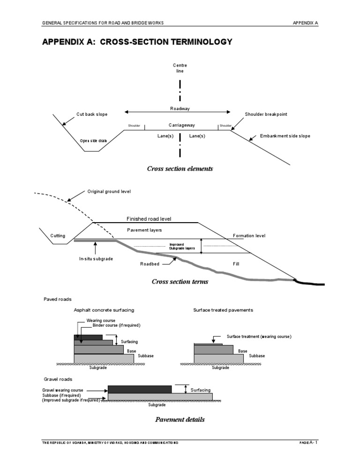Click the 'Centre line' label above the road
(180, 68)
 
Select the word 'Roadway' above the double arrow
(180, 108)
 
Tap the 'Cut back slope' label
(92, 114)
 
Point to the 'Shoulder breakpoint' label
(266, 114)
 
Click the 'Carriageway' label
(182, 125)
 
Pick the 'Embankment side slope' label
(285, 136)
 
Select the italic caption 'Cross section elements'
(180, 169)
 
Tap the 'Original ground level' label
(109, 191)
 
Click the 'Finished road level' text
(149, 219)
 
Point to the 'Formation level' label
(249, 236)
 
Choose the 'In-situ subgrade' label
(96, 259)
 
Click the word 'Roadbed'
(150, 264)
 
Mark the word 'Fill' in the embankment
(236, 264)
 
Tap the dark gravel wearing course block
(139, 389)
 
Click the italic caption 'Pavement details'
(180, 420)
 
